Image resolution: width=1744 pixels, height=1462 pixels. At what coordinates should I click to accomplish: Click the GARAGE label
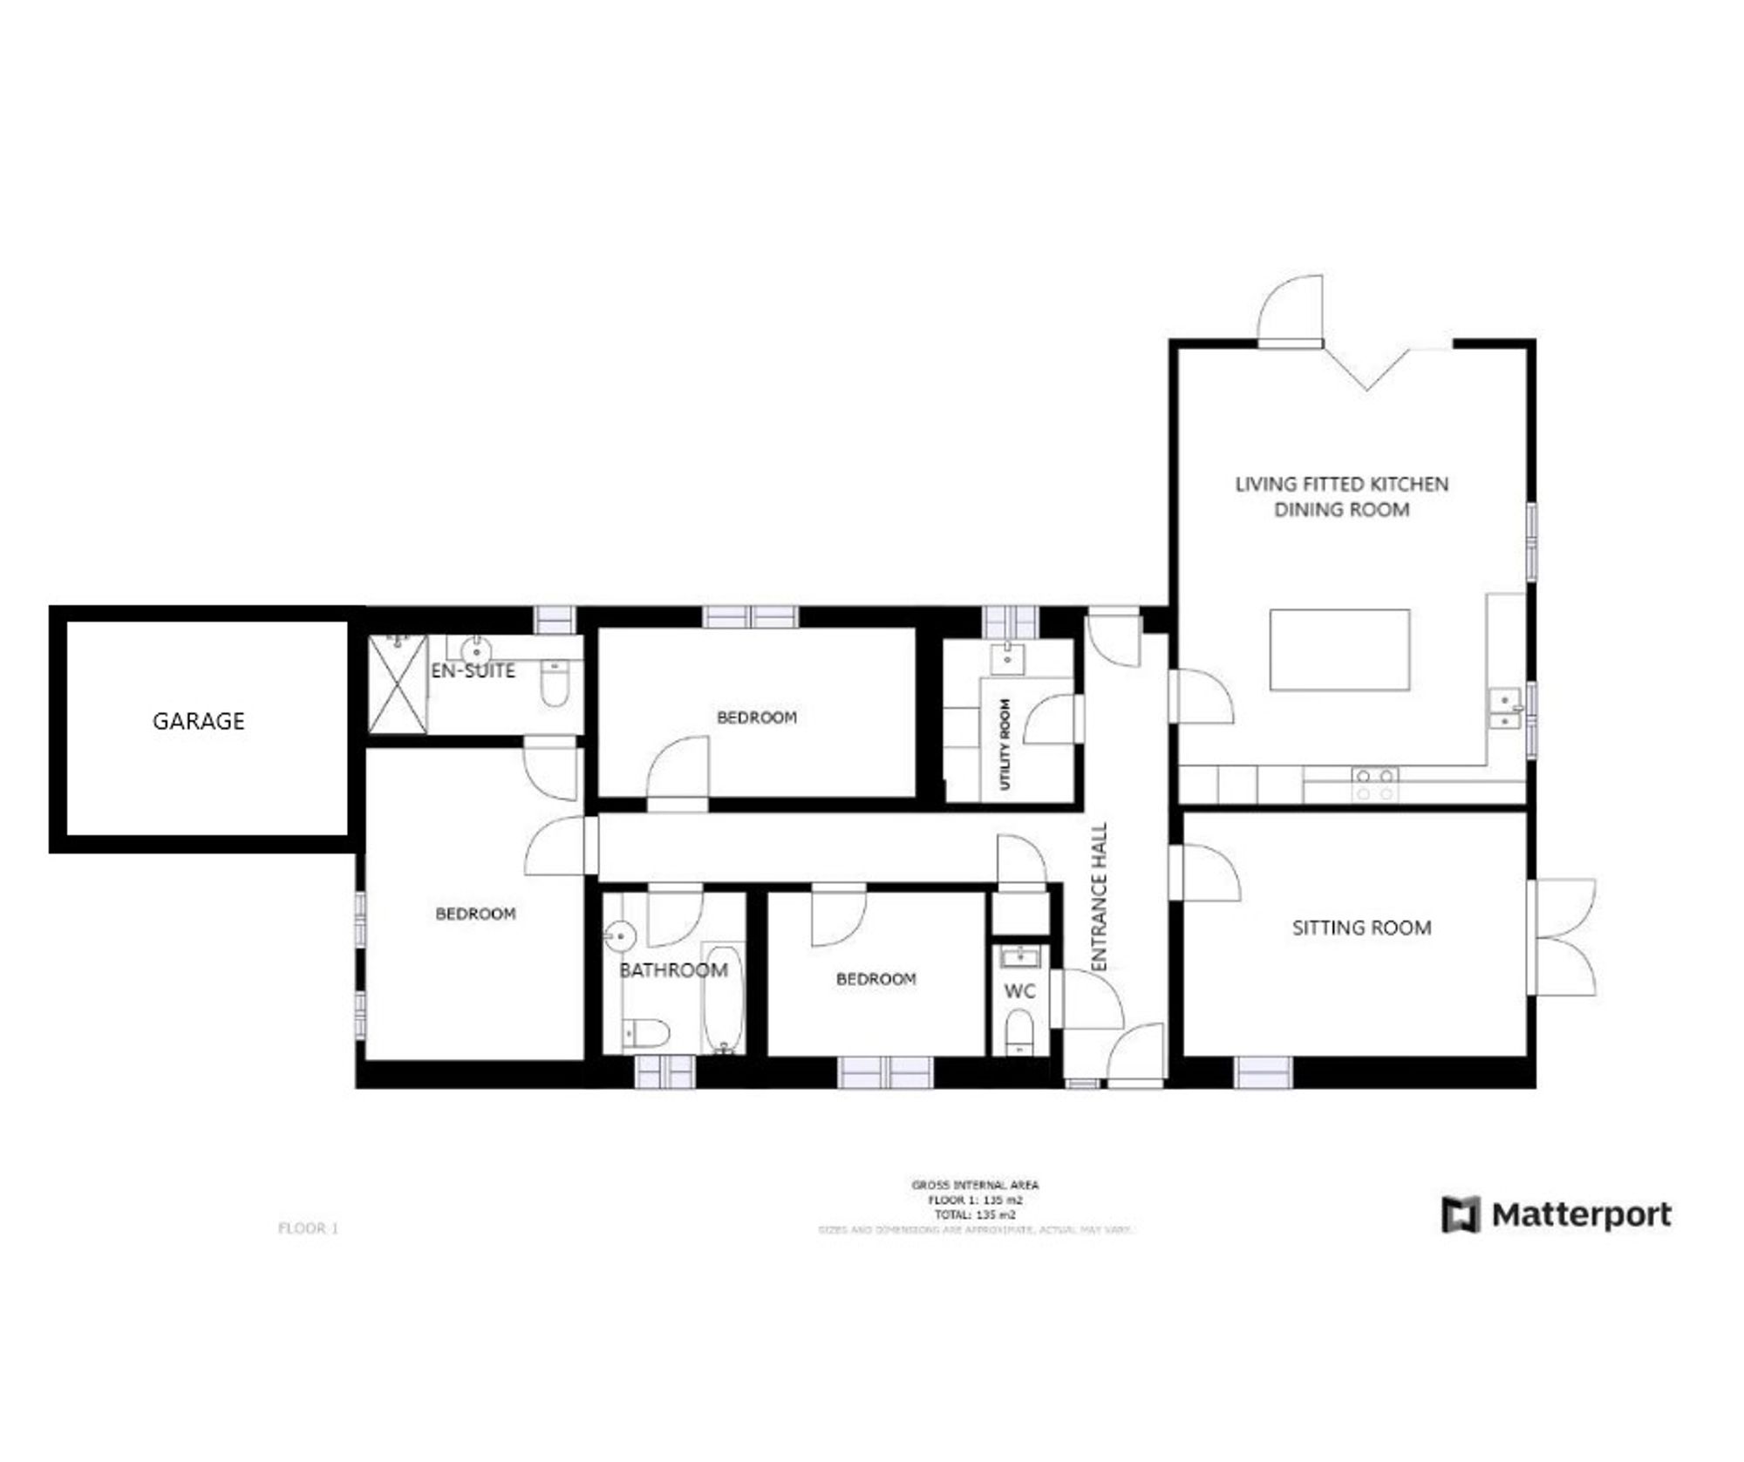(x=199, y=721)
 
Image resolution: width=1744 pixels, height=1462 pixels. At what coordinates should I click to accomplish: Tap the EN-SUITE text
(x=473, y=670)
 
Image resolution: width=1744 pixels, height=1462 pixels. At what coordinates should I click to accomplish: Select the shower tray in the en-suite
(x=398, y=684)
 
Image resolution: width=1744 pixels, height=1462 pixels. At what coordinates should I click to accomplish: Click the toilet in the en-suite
(x=555, y=683)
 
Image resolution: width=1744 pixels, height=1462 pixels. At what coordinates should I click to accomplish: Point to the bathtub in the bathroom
(x=723, y=999)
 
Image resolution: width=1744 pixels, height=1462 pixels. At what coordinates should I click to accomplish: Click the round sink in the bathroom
(x=619, y=936)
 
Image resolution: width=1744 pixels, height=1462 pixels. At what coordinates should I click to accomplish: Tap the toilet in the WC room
(x=1019, y=1030)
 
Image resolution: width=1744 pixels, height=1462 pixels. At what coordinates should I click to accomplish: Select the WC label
(x=1019, y=991)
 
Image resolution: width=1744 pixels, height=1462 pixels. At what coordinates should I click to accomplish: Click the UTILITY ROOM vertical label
(x=1005, y=745)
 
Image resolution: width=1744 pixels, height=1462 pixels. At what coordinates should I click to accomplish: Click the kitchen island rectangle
(x=1339, y=649)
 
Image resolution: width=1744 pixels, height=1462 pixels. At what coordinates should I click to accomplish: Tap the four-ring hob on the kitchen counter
(x=1374, y=784)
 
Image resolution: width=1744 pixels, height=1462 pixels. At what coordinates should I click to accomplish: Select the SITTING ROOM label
(x=1361, y=928)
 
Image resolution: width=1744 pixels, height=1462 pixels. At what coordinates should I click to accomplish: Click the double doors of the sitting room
(x=1564, y=937)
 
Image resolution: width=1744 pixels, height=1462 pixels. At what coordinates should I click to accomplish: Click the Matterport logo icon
(x=1461, y=1214)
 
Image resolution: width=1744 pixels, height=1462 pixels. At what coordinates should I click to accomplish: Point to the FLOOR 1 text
(x=308, y=1228)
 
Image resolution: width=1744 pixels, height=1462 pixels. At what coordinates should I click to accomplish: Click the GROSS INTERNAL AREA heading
(x=975, y=1185)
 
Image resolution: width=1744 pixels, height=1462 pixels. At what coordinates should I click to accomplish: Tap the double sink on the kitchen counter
(x=1505, y=708)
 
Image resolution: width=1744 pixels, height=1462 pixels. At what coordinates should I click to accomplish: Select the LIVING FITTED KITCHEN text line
(x=1341, y=484)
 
